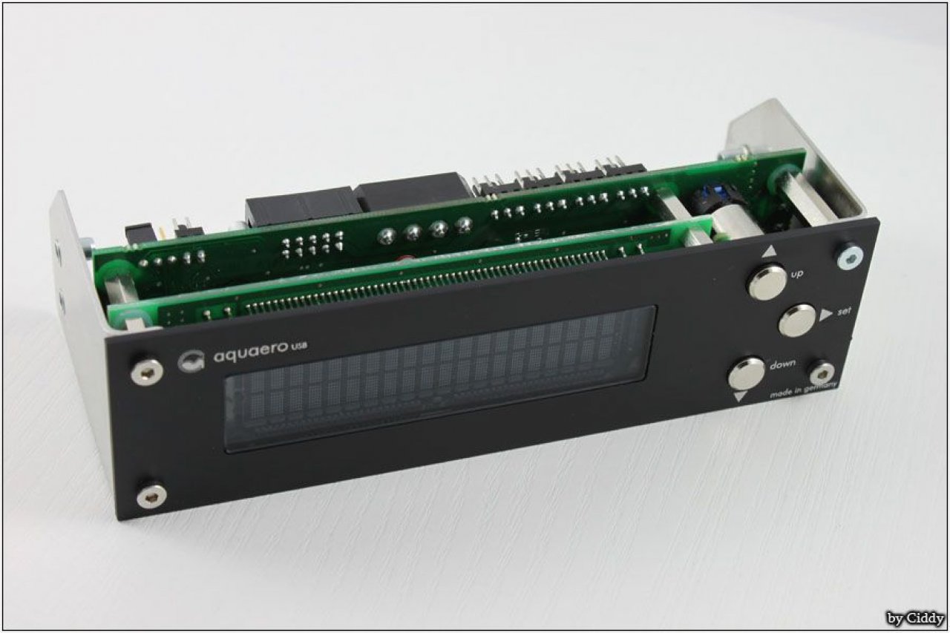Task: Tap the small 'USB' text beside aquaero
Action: click(299, 347)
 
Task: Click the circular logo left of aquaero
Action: click(191, 361)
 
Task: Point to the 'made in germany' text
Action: click(804, 390)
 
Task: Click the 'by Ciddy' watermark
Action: click(915, 617)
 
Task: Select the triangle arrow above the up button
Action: click(770, 252)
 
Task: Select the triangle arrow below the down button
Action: click(740, 397)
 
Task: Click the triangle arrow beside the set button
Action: click(826, 315)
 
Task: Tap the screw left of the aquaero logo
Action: click(147, 373)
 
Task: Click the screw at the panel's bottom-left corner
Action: click(151, 496)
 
